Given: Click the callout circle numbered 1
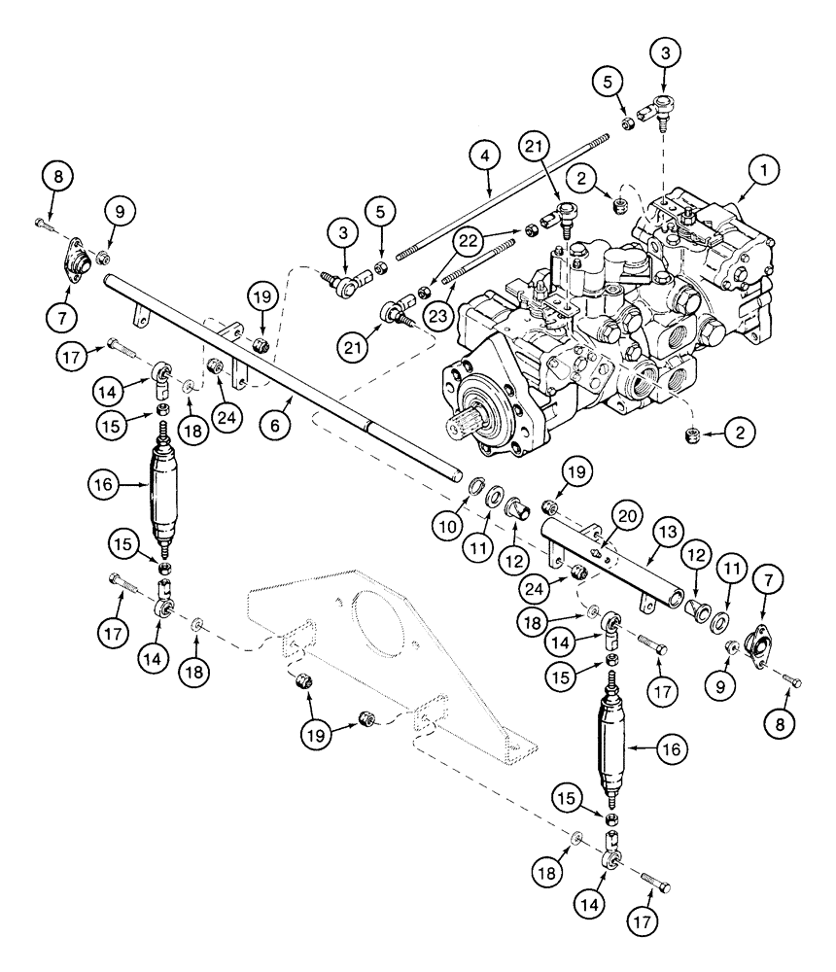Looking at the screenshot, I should click(765, 172).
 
